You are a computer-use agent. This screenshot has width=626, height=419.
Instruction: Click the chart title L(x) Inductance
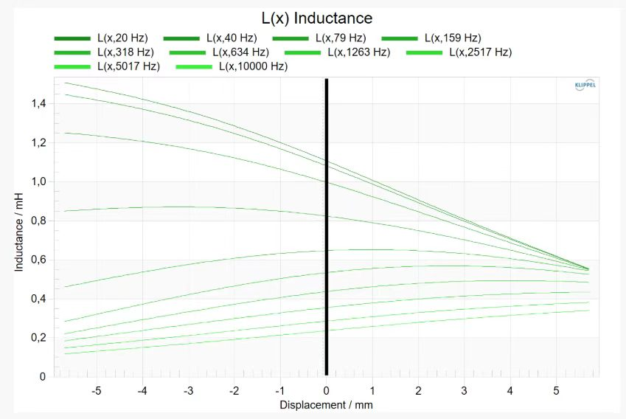coord(317,18)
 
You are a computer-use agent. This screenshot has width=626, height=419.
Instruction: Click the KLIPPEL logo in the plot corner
coord(585,85)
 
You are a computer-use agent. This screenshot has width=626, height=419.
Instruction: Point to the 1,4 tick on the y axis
coord(39,104)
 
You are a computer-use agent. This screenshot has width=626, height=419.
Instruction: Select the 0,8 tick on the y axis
coord(39,221)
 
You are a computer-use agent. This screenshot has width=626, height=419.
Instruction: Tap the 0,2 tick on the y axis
coord(39,338)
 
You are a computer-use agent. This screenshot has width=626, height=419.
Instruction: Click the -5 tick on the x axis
coord(96,391)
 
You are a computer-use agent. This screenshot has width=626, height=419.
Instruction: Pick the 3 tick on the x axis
coord(464,391)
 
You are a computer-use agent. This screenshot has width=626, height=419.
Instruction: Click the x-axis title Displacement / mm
coord(326,405)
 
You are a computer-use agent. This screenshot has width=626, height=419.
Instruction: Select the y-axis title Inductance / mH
coord(18,232)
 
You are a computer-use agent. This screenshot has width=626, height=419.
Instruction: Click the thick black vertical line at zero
coord(326,227)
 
